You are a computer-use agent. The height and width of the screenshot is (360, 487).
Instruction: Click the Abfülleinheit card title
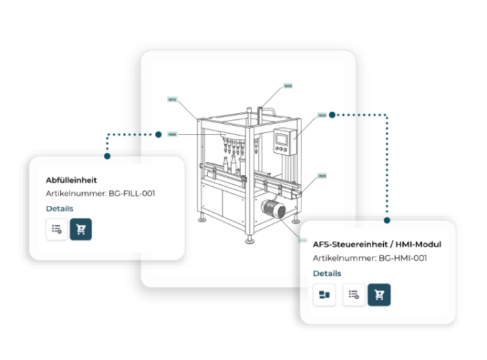[71, 180]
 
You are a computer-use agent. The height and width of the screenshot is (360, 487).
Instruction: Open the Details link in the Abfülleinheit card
[59, 208]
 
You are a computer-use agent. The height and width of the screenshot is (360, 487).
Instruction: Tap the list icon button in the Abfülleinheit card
[57, 229]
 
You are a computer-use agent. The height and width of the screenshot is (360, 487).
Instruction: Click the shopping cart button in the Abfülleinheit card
[80, 229]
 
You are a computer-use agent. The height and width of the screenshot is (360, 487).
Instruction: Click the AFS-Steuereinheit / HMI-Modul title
[376, 245]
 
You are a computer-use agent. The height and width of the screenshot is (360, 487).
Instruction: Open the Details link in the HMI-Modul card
[327, 273]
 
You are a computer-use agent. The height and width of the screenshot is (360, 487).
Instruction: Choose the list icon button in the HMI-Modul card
[353, 295]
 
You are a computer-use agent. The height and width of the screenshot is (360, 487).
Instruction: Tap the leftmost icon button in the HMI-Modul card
[324, 295]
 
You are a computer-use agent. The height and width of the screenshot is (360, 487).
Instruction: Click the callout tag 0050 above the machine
[288, 87]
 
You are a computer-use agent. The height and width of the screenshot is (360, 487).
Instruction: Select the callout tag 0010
[172, 99]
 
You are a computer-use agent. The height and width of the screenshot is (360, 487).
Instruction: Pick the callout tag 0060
[172, 134]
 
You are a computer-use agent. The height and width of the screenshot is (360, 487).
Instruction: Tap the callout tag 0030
[322, 115]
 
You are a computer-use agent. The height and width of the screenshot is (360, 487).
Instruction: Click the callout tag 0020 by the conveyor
[322, 176]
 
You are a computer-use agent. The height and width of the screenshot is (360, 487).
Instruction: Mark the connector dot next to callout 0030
[332, 115]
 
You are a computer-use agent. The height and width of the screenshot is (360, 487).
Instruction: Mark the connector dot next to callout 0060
[159, 134]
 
